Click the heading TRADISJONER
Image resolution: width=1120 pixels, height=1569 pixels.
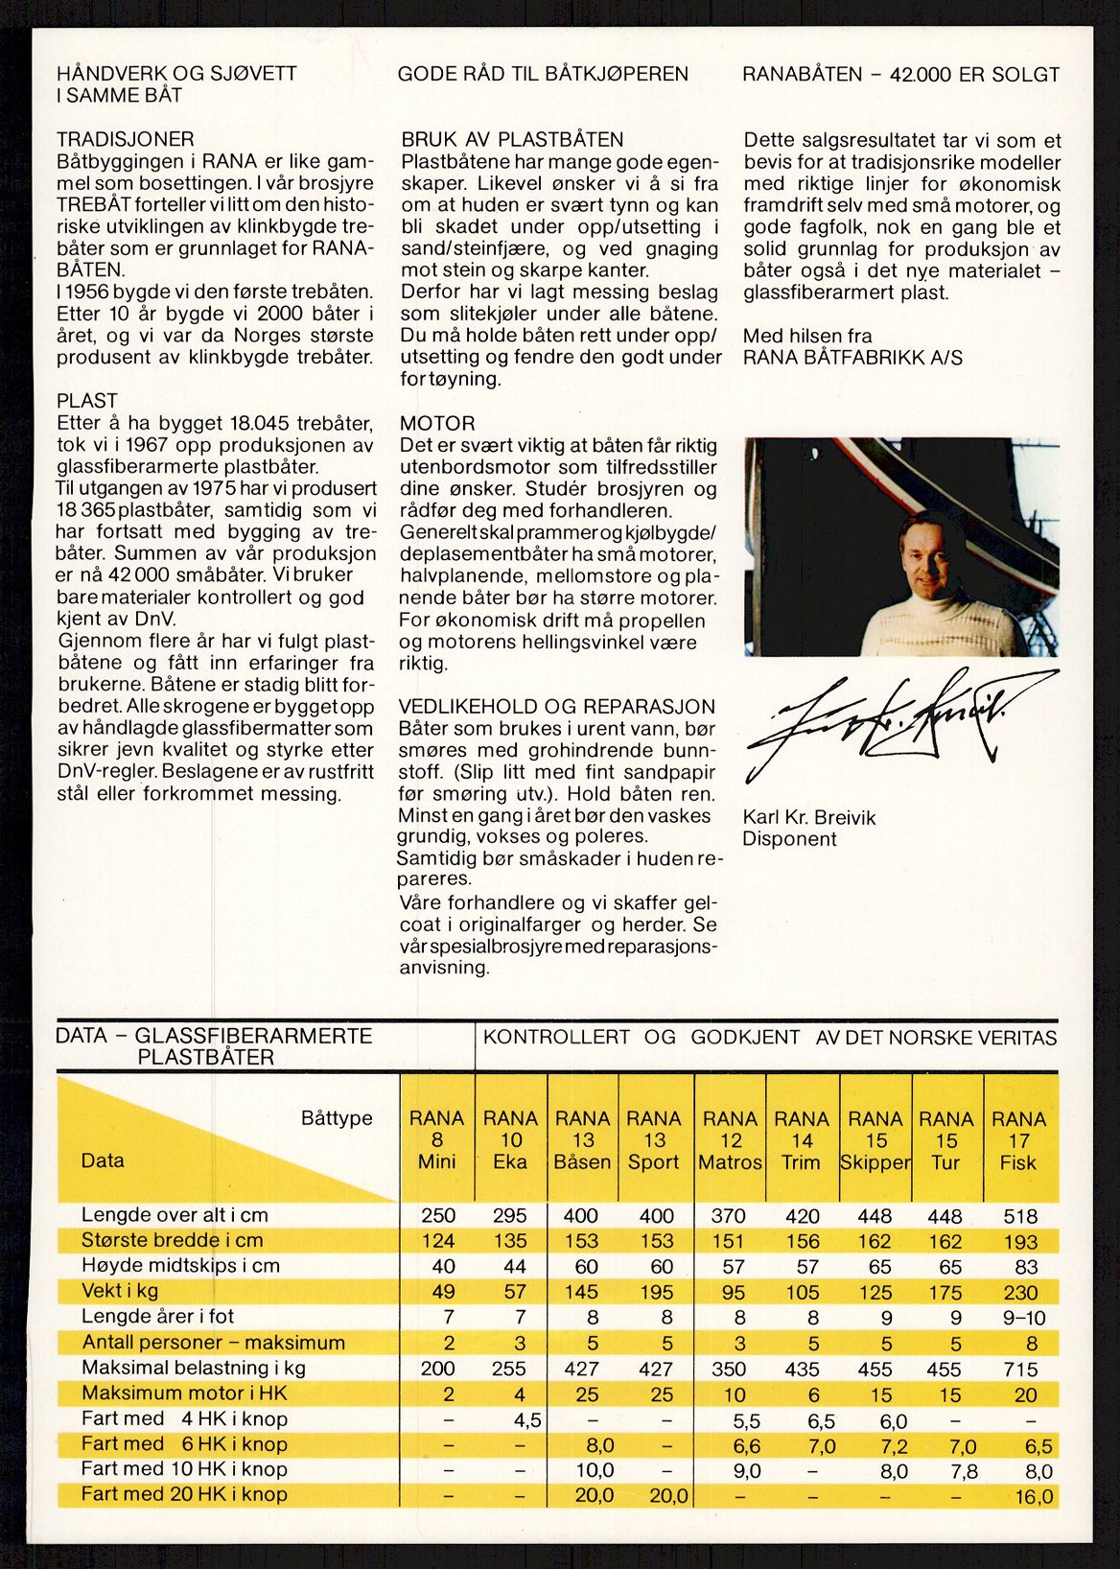click(x=125, y=139)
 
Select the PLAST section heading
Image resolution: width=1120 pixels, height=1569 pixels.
click(x=86, y=401)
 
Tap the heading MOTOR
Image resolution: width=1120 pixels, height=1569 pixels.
click(x=437, y=423)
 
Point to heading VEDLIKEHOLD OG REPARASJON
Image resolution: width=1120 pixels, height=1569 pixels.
click(x=557, y=707)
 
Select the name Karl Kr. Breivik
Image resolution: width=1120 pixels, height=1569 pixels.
click(x=808, y=818)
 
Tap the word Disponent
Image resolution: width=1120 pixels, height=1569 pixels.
click(x=789, y=839)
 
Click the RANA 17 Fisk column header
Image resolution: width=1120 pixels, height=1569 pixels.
click(x=1018, y=1140)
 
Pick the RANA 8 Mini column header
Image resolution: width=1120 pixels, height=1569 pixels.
click(x=437, y=1140)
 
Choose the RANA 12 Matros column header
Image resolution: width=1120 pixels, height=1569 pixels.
click(x=730, y=1140)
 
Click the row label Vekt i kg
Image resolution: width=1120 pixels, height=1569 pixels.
click(x=120, y=1291)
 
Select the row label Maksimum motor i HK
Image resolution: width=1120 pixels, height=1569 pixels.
click(x=184, y=1393)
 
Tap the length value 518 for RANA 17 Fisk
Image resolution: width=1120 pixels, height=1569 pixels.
click(x=1019, y=1216)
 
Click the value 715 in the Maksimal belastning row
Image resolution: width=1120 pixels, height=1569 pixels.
click(x=1020, y=1370)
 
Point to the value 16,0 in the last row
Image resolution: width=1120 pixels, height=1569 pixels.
click(x=1033, y=1496)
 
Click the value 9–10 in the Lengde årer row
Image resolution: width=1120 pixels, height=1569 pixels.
click(x=1022, y=1318)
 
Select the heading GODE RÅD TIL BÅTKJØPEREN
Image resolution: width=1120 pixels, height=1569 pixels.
click(x=543, y=74)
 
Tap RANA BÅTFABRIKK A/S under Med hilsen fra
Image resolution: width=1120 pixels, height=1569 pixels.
click(x=852, y=358)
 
